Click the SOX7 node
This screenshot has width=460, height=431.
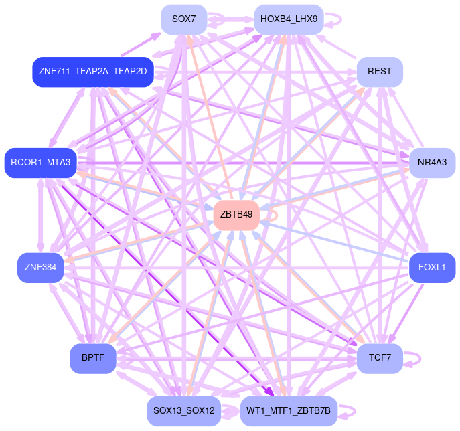click(x=183, y=19)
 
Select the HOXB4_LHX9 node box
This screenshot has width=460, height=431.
click(x=289, y=19)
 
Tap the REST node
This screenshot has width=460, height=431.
click(x=380, y=72)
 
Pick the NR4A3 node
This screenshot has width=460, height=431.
click(x=433, y=163)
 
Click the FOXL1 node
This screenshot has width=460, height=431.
click(x=432, y=267)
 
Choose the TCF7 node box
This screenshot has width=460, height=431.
click(x=380, y=358)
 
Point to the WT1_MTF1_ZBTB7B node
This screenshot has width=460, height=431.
click(x=289, y=410)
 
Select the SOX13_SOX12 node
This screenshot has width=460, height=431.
click(x=183, y=410)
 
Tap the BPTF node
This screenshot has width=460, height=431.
click(x=93, y=358)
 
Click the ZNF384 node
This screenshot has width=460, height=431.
click(x=40, y=268)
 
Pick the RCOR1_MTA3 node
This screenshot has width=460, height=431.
click(x=41, y=163)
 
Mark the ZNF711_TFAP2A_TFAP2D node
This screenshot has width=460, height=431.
click(x=93, y=72)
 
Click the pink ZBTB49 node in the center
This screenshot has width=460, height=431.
click(x=236, y=215)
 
